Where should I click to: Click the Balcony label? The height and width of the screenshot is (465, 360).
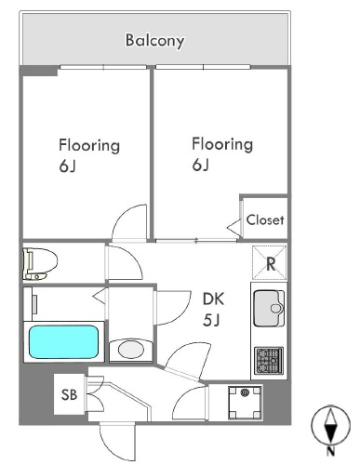coord(154,41)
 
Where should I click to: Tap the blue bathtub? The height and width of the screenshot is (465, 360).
coord(63,341)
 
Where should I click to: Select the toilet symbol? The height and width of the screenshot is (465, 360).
coord(40,263)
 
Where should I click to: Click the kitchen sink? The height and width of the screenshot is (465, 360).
coord(269,309)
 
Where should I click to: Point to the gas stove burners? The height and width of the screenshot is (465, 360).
coord(269,361)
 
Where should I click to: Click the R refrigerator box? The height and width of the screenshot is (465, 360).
coord(270,263)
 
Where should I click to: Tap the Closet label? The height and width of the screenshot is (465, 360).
coord(265,220)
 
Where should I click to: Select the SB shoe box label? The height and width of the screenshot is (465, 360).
coord(69,394)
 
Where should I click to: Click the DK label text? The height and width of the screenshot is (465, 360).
coord(213,299)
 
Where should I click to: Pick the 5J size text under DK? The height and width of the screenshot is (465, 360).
coord(211,320)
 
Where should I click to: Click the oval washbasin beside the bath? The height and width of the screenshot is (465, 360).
coord(131,350)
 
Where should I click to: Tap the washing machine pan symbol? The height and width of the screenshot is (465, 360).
coord(245,403)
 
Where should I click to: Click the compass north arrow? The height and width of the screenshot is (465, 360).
coord(331,425)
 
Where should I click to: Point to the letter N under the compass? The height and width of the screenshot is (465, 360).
coord(331,451)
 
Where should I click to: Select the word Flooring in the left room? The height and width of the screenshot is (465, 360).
coord(89,146)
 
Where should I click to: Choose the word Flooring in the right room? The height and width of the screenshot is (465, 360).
coord(222,144)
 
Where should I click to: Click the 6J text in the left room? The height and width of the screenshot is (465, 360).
coord(67,166)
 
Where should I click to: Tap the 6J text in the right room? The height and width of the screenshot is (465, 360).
coord(200,165)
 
